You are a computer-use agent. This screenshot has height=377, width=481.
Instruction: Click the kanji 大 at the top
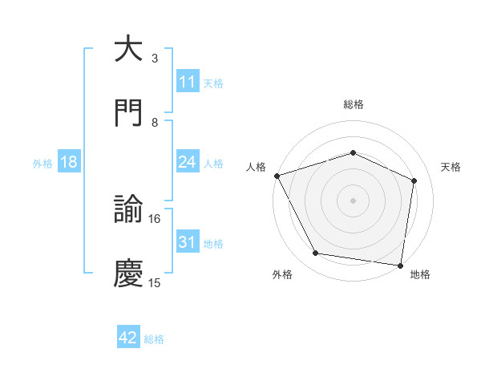click(x=129, y=49)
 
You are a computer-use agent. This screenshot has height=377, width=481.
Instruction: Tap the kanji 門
click(x=129, y=111)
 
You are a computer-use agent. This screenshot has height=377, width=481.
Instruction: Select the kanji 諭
click(x=129, y=210)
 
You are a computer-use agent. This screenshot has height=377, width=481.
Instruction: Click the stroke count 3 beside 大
click(x=155, y=59)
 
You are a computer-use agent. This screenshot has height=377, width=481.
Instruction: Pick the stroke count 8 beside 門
click(x=155, y=122)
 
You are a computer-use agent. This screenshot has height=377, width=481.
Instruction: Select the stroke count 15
click(x=155, y=282)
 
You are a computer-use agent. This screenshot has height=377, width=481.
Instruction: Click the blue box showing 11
click(x=187, y=82)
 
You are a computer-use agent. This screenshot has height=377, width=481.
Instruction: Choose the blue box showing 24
click(x=187, y=162)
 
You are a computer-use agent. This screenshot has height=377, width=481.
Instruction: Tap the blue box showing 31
click(x=187, y=242)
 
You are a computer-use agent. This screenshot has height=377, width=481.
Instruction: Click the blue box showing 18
click(x=69, y=162)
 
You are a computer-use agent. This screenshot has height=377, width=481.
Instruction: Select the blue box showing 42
click(x=128, y=338)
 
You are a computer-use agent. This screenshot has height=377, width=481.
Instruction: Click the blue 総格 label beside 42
click(x=154, y=339)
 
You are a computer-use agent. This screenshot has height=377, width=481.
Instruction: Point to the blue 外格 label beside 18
click(x=42, y=164)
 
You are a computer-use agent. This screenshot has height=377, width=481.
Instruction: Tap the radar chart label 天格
click(x=451, y=167)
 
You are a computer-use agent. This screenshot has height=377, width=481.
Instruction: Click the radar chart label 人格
click(x=256, y=167)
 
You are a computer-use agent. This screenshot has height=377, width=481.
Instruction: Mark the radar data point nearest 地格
click(x=401, y=265)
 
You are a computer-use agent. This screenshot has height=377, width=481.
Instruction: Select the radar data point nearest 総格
click(x=353, y=152)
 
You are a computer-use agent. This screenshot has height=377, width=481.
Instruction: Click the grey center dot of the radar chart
click(x=353, y=200)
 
